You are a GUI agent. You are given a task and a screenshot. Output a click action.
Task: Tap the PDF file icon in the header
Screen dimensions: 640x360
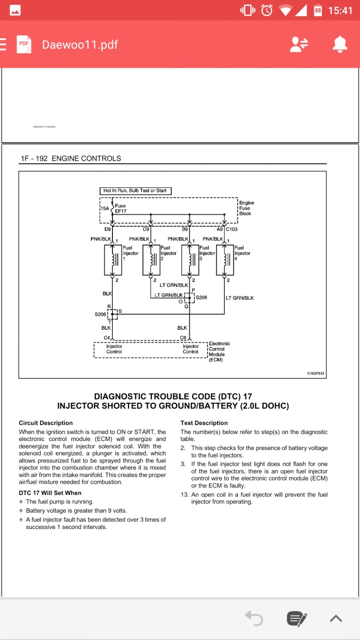click(23, 45)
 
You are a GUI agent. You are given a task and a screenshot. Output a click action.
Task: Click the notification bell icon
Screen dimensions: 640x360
click(340, 45)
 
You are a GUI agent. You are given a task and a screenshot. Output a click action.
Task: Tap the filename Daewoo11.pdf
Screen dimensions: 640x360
click(80, 45)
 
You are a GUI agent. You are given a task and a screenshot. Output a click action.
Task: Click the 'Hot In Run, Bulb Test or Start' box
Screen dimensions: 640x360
click(135, 190)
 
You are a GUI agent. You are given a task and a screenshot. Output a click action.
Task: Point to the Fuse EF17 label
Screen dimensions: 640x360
click(120, 209)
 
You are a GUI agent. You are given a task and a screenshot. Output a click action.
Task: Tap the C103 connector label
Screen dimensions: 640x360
click(232, 229)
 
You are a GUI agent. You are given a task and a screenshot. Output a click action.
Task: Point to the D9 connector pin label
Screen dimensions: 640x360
click(107, 229)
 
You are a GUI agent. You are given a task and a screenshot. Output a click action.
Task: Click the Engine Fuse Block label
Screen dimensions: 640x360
click(246, 208)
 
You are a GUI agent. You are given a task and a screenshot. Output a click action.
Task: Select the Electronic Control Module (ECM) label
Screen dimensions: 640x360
click(219, 351)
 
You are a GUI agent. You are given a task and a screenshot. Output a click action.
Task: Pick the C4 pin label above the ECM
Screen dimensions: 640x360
click(107, 338)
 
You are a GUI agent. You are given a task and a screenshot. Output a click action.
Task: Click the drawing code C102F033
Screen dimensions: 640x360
click(316, 373)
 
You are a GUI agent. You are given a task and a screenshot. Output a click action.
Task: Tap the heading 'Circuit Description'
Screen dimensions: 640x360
click(46, 423)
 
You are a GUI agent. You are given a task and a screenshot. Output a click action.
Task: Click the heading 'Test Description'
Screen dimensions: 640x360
click(201, 423)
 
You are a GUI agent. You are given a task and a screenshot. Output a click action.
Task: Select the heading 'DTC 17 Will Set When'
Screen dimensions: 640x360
click(50, 493)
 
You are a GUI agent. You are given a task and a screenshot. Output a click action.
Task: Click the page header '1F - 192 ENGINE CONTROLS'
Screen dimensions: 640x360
click(71, 158)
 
